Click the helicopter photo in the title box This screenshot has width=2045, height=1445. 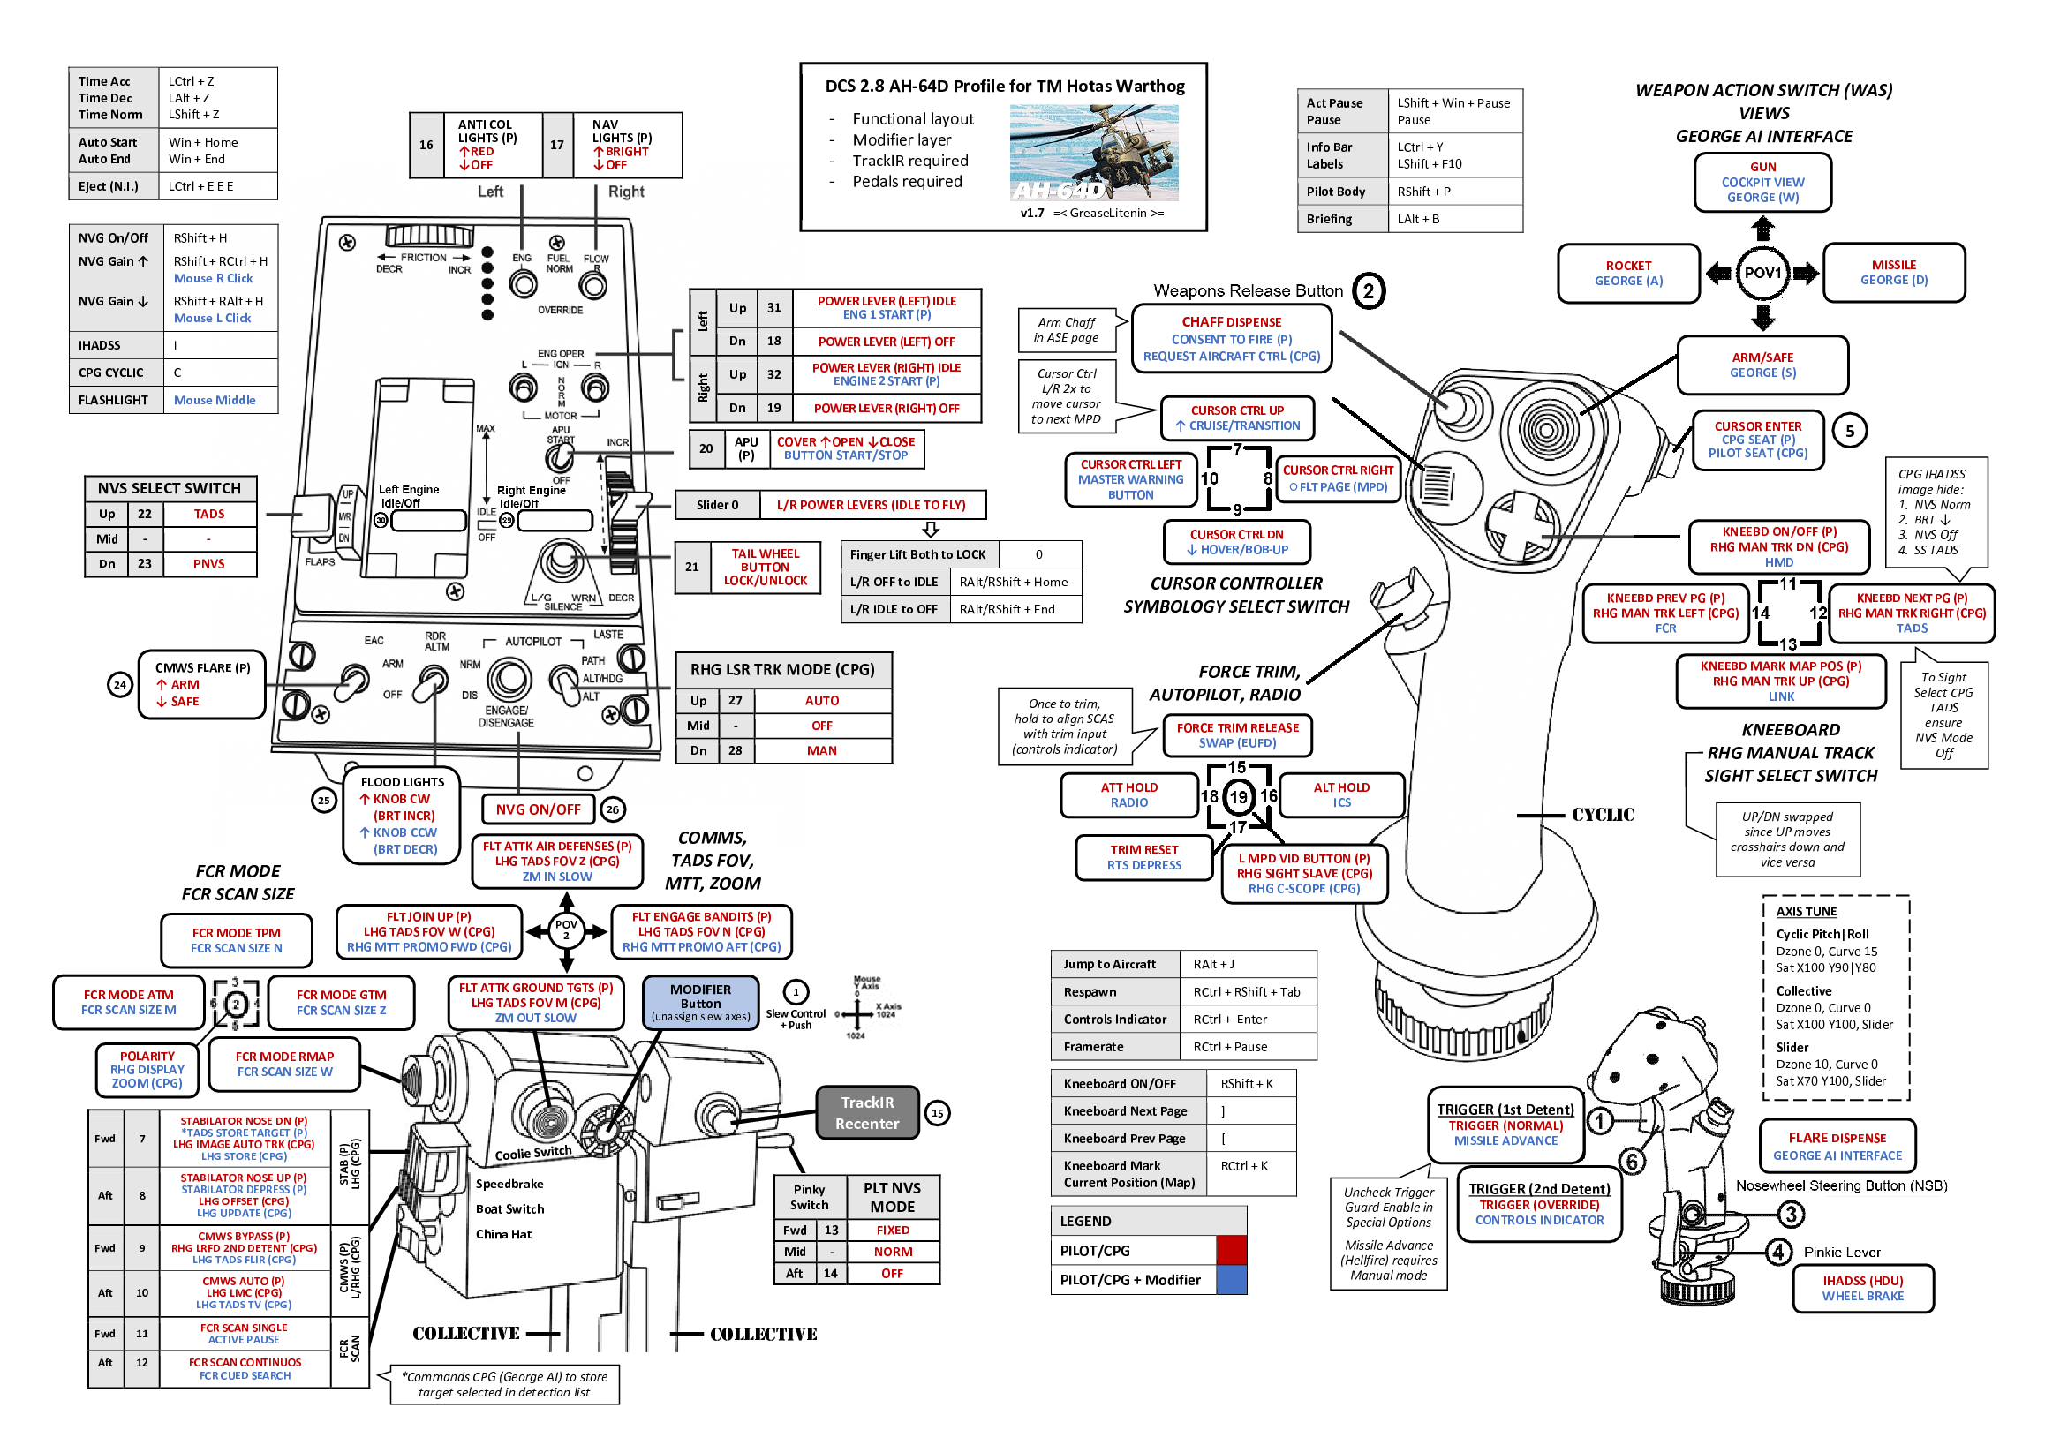(1094, 151)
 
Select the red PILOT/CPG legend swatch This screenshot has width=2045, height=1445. (1231, 1250)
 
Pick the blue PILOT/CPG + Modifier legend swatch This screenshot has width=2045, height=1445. (1231, 1279)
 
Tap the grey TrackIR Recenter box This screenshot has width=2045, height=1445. (866, 1112)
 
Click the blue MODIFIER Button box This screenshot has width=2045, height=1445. (700, 1002)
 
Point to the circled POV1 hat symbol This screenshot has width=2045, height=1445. (1762, 273)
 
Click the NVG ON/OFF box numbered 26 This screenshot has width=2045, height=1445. (538, 809)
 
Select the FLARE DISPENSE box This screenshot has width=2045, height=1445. (1837, 1146)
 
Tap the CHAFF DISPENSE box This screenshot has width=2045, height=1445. (1231, 338)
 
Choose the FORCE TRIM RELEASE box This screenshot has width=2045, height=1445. (1237, 734)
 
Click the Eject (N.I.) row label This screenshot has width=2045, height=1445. (108, 186)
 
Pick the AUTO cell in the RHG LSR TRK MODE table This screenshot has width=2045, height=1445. (821, 701)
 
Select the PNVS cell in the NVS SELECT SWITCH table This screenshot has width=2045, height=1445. (208, 563)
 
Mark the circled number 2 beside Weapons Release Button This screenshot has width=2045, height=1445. (1368, 291)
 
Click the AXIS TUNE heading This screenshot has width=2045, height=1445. (1806, 911)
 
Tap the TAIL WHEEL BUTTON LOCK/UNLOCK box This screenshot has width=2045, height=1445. (765, 566)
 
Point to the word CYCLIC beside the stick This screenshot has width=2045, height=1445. (1602, 814)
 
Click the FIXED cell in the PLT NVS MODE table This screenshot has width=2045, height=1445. (892, 1230)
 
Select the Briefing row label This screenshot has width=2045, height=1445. (1329, 219)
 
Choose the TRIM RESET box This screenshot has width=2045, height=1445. (1143, 856)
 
